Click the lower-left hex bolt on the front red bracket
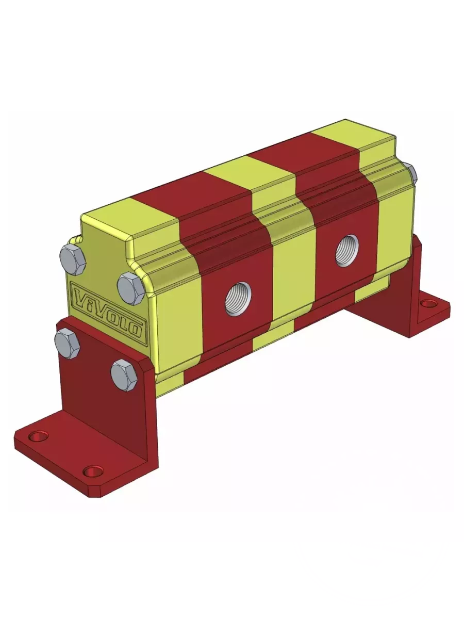coord(67,343)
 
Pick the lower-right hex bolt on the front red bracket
coord(124,375)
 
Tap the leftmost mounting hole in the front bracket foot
coord(38,436)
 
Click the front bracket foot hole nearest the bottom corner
coord(93,471)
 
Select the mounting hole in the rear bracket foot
coord(428,303)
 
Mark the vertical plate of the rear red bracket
coord(407,273)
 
